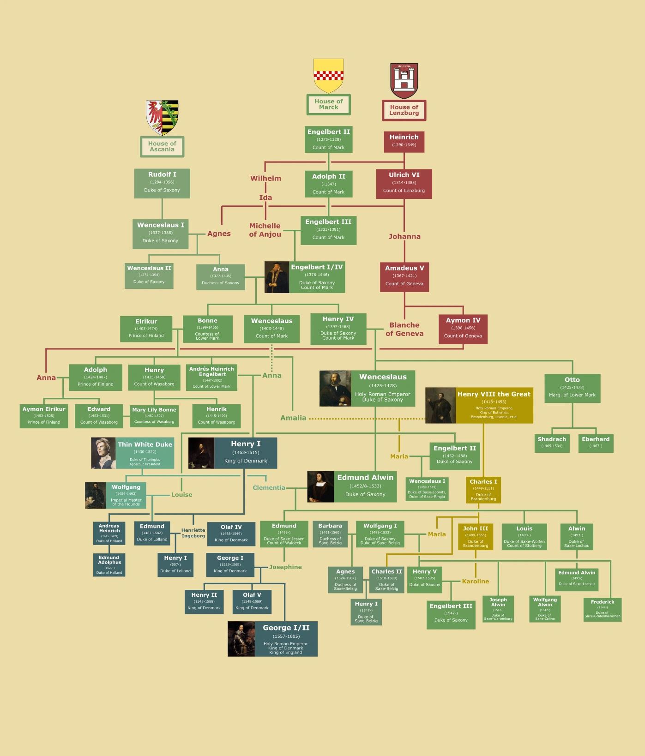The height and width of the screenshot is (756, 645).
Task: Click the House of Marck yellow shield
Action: (328, 76)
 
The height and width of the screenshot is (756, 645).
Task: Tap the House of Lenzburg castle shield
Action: (404, 81)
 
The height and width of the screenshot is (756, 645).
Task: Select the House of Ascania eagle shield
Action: (162, 117)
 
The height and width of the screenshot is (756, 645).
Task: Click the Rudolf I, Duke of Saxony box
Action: (162, 183)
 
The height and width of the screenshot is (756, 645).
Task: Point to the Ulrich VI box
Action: (404, 183)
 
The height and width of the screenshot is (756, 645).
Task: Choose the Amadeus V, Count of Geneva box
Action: (404, 276)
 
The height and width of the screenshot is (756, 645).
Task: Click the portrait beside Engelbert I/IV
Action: (277, 277)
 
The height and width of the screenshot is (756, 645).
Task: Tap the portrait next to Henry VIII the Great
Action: (440, 405)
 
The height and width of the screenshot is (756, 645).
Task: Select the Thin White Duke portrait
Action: (103, 453)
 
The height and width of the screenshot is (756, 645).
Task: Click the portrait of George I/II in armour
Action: (241, 639)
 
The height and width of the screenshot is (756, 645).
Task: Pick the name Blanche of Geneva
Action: (404, 329)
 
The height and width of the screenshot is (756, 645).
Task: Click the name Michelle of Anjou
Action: (265, 230)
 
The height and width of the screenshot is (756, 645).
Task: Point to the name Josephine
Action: (285, 567)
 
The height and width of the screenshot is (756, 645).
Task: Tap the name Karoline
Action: (475, 581)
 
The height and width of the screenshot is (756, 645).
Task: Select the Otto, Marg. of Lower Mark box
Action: (572, 388)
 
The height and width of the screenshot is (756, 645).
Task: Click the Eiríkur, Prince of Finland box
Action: (146, 329)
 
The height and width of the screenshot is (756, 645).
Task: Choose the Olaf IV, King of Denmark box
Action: (231, 534)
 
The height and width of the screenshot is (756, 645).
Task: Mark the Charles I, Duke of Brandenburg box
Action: (483, 490)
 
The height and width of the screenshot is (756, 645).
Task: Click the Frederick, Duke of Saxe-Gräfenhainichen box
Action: (602, 609)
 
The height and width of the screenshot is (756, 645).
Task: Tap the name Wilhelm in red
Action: (265, 178)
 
